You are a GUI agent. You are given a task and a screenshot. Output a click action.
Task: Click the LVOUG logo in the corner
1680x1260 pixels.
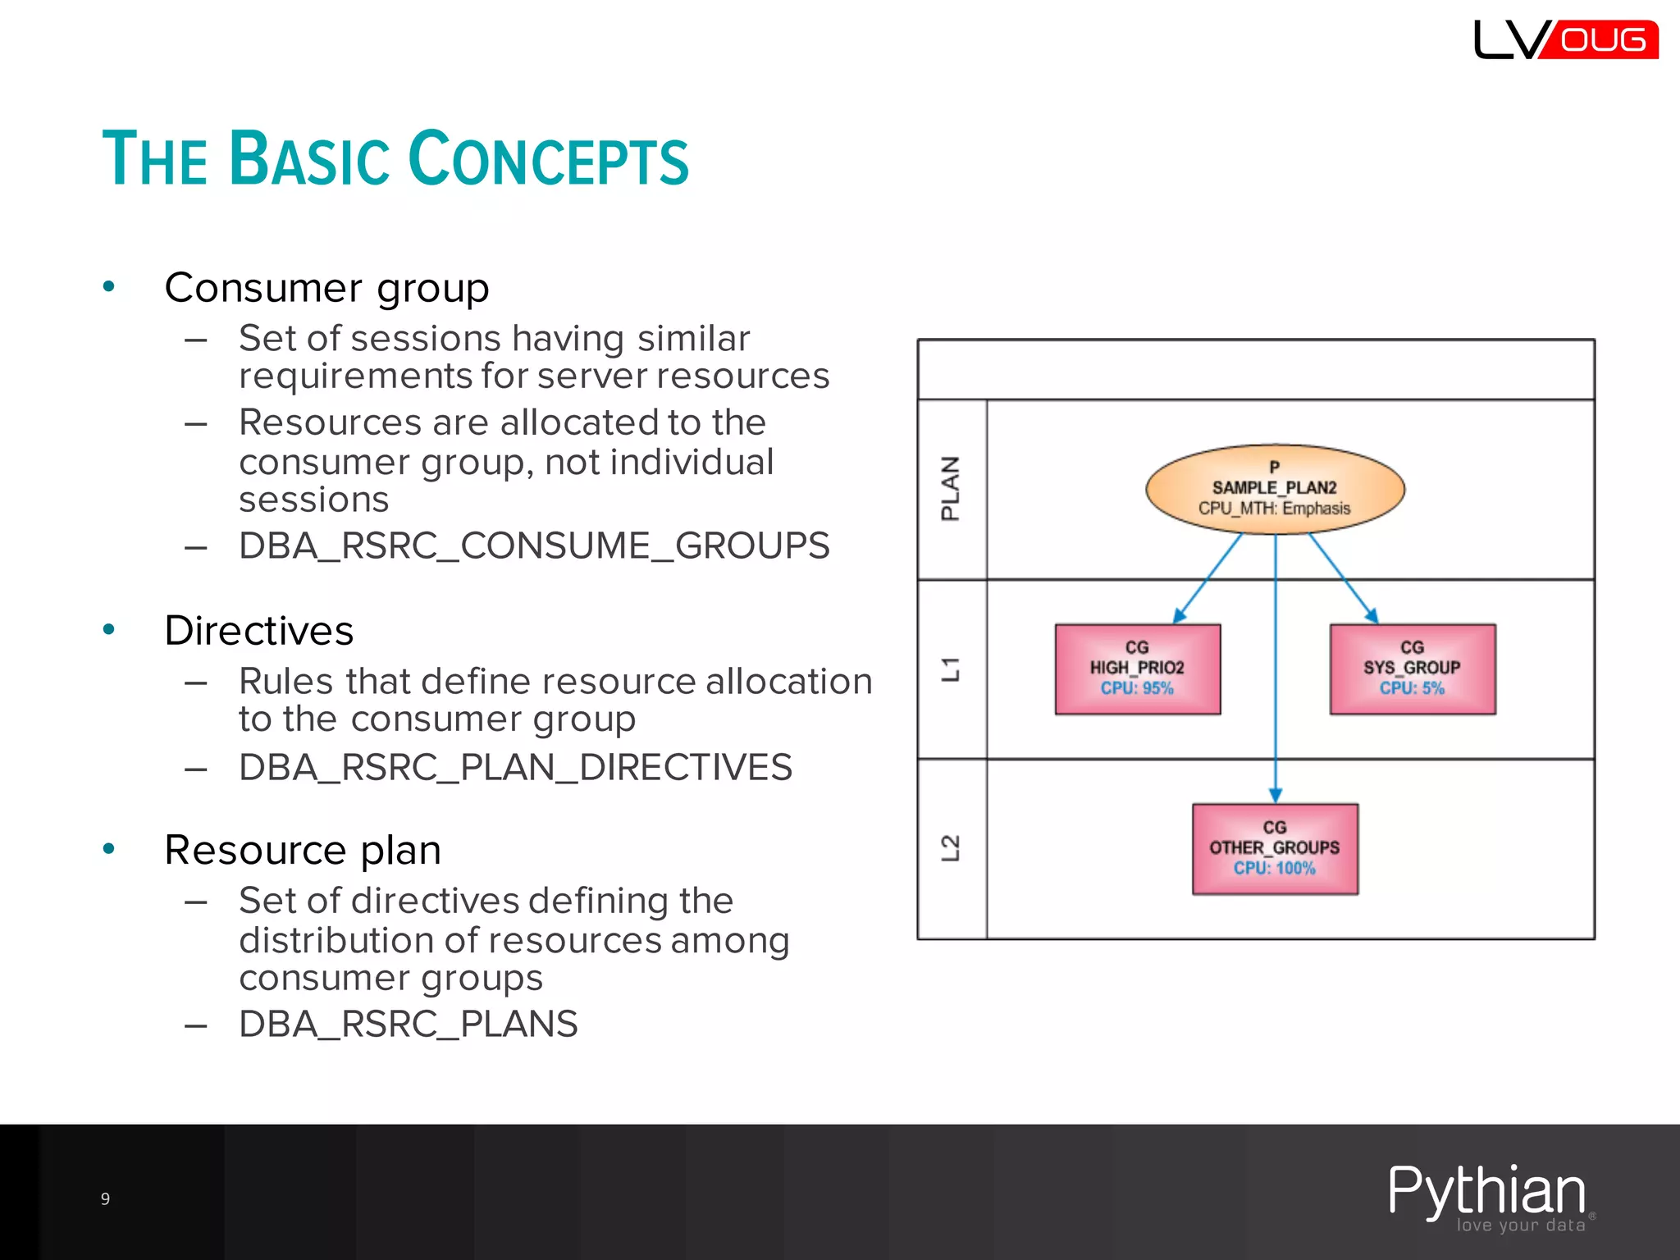1565,39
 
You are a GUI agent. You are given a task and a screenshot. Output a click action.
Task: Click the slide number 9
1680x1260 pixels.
105,1198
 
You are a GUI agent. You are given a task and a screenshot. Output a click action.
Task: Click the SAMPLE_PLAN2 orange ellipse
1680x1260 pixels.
1275,489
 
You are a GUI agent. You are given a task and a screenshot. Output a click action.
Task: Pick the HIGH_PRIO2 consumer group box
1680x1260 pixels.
1137,669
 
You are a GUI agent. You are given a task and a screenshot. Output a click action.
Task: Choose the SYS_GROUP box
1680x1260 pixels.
1412,669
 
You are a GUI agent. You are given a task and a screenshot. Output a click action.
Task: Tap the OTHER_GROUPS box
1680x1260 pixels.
1275,848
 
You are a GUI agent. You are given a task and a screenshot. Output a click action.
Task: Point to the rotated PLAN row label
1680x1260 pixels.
950,489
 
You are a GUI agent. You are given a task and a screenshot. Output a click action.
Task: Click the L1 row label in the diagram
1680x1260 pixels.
950,669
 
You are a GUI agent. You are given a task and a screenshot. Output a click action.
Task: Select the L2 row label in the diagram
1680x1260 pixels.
950,848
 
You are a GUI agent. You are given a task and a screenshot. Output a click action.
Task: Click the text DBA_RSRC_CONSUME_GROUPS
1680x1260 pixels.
534,546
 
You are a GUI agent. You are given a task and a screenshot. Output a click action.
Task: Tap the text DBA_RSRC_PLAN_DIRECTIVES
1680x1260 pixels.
515,768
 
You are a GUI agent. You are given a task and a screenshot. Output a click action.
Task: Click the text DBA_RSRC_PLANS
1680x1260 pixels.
408,1025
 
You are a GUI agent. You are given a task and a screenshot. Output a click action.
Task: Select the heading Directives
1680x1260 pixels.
258,631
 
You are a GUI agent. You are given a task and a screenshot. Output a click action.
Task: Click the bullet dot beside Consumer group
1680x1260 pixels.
108,286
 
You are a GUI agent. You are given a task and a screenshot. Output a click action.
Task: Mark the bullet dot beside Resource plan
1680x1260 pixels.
108,849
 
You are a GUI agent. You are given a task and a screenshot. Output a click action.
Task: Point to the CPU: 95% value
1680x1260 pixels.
1137,688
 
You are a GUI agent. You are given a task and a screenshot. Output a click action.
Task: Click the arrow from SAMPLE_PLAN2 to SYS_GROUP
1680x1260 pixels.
1343,577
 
